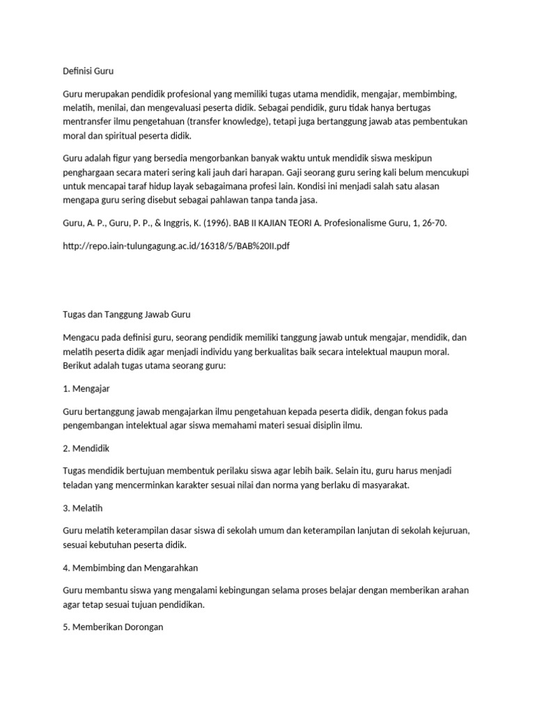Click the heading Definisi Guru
pyautogui.click(x=88, y=71)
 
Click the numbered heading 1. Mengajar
pyautogui.click(x=87, y=389)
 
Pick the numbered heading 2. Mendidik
pyautogui.click(x=86, y=448)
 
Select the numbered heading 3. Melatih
pyautogui.click(x=83, y=508)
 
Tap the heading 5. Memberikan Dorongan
pyautogui.click(x=113, y=627)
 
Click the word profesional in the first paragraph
pyautogui.click(x=203, y=93)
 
